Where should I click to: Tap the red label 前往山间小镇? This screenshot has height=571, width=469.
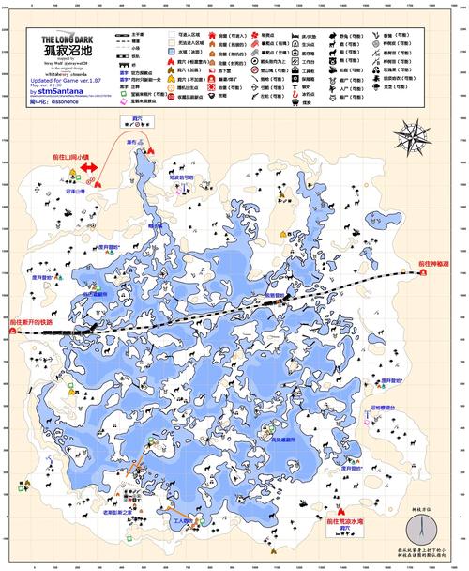[70, 157]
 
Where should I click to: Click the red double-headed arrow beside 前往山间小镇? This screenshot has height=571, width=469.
[89, 168]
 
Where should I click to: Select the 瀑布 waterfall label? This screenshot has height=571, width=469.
[131, 142]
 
